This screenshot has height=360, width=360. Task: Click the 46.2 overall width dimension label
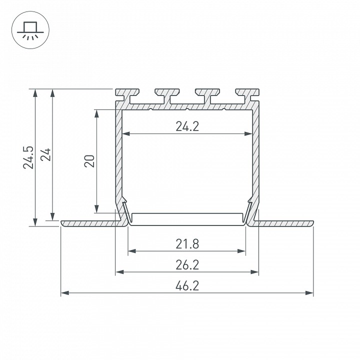[x=187, y=286]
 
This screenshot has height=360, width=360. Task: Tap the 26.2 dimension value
[x=187, y=265]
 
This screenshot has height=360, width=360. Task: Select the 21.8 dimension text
[x=187, y=244]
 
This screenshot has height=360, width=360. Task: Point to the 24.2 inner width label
[x=187, y=126]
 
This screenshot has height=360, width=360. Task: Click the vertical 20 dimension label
[x=89, y=161]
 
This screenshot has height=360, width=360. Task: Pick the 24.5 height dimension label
[x=28, y=157]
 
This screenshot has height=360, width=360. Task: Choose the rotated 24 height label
[x=45, y=154]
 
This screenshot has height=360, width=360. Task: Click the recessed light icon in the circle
[x=30, y=30]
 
